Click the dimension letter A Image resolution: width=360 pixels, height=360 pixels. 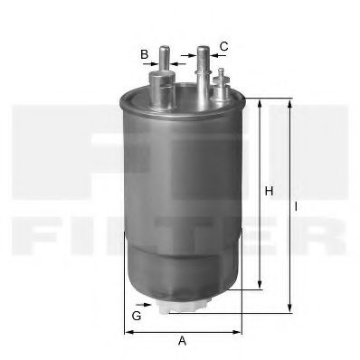pos(182,342)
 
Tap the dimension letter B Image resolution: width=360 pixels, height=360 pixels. pos(144,54)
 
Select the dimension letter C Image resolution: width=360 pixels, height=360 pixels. pos(223,45)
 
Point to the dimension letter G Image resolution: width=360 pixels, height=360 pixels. pos(136,316)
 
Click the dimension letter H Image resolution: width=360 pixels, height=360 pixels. pos(269,192)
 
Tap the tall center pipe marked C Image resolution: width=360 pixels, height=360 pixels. pos(203,68)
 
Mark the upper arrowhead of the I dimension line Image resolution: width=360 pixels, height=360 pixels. pos(289,102)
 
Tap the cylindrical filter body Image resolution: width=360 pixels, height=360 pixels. pos(181,190)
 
